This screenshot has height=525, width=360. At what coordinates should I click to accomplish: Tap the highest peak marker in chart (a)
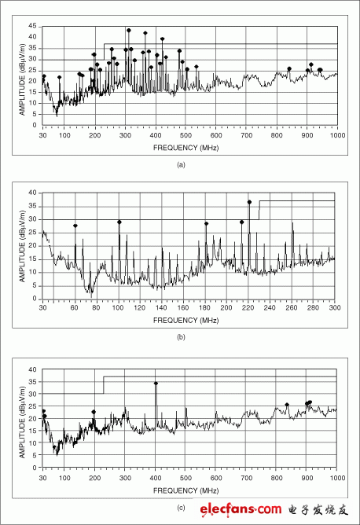pyautogui.click(x=128, y=31)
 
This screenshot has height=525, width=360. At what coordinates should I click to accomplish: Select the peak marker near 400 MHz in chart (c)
pyautogui.click(x=156, y=384)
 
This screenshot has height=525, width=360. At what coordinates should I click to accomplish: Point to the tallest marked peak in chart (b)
pyautogui.click(x=249, y=202)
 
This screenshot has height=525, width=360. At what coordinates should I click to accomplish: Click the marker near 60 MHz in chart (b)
pyautogui.click(x=75, y=226)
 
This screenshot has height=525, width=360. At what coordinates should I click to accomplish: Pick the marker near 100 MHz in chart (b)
pyautogui.click(x=119, y=222)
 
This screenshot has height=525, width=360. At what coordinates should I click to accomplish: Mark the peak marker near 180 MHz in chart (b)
pyautogui.click(x=207, y=224)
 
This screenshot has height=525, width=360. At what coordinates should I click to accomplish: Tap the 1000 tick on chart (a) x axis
pyautogui.click(x=336, y=135)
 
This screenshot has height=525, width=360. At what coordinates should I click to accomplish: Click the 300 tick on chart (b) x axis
pyautogui.click(x=334, y=307)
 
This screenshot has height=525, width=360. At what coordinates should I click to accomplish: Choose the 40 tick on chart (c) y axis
pyautogui.click(x=32, y=369)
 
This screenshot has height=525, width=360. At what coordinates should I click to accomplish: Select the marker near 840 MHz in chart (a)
pyautogui.click(x=289, y=69)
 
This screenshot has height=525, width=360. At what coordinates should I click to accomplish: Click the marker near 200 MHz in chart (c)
pyautogui.click(x=94, y=412)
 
